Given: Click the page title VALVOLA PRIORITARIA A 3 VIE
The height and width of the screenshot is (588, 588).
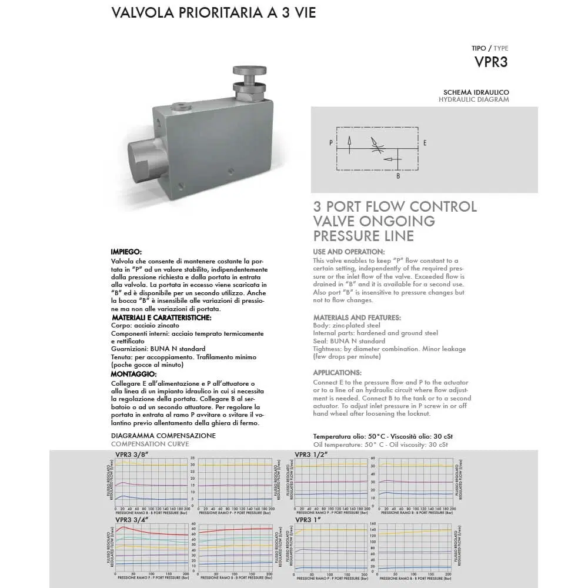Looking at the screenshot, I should (x=213, y=13).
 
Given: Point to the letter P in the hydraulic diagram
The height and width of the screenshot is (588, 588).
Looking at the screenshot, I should (x=331, y=142).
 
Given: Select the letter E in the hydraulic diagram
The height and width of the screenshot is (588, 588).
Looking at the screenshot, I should (x=425, y=142).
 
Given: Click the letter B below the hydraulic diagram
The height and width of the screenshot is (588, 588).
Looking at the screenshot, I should (x=397, y=175).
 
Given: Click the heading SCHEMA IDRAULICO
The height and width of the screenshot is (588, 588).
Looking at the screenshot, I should (x=476, y=92).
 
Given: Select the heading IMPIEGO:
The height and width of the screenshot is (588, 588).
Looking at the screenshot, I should (x=126, y=252).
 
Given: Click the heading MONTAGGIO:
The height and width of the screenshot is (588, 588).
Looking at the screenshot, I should (x=133, y=374).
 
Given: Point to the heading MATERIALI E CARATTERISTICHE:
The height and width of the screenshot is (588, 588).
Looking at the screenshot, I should (x=161, y=318).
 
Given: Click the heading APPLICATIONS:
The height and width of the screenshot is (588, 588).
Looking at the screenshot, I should (x=337, y=372).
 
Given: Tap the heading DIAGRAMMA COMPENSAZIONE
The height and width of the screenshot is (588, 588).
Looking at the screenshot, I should (x=163, y=436).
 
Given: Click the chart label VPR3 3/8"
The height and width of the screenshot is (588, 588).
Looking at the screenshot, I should (x=132, y=455).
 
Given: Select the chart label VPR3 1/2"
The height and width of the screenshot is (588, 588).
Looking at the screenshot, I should (x=311, y=455).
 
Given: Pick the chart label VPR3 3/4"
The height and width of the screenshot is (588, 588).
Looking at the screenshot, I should (x=132, y=519).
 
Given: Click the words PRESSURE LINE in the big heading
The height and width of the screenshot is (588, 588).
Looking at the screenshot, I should (x=363, y=236).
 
